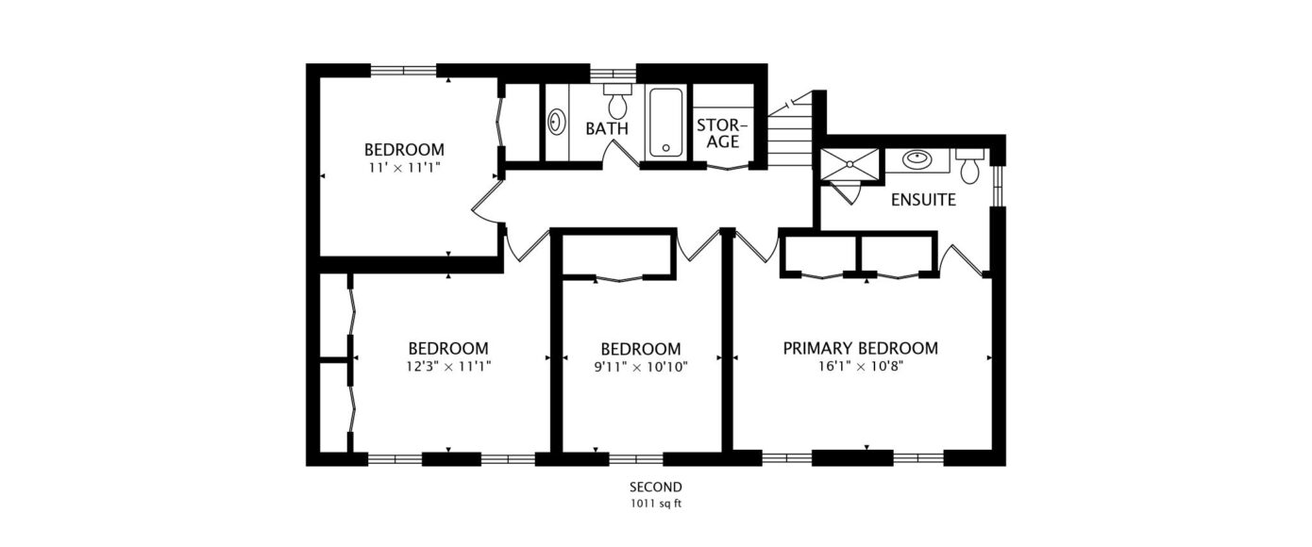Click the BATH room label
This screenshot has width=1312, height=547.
607,128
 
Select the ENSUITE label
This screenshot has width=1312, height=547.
923,200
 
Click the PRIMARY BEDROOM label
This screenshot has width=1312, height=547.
861,349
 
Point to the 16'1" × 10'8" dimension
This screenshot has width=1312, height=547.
861,368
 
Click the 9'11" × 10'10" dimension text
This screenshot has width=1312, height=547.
641,368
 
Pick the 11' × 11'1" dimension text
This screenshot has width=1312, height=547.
404,168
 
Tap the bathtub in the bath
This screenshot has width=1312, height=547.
666,123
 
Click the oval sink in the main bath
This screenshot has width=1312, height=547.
556,123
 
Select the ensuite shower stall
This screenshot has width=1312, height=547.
849,166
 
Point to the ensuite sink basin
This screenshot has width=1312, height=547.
917,159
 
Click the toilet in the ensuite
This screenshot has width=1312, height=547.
969,166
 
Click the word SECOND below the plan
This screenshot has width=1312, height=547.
656,487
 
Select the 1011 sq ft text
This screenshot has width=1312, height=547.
656,504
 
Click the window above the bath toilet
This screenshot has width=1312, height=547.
613,74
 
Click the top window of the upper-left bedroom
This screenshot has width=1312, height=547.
404,71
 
